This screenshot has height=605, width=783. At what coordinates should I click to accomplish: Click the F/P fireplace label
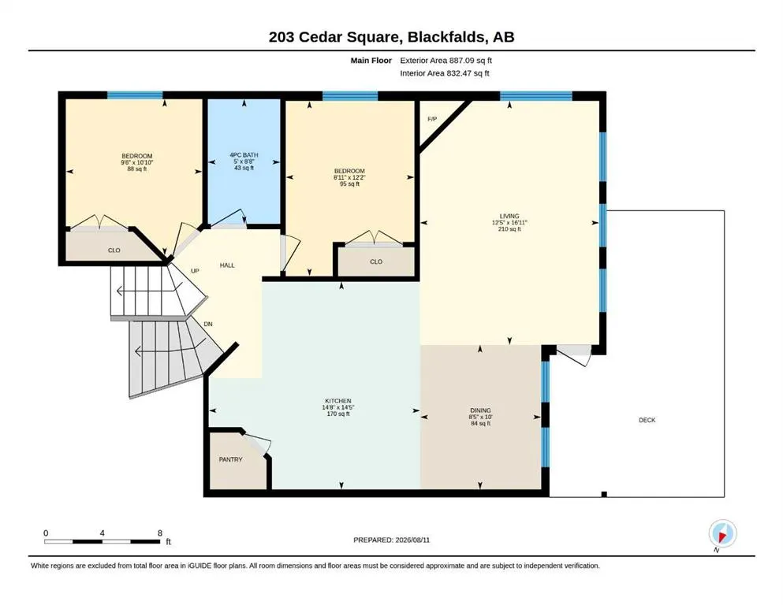pos(432,119)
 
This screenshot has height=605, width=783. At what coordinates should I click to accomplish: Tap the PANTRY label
pos(230,459)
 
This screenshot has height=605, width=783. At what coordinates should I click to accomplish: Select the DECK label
pos(647,420)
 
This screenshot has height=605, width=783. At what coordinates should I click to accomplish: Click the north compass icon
pos(722,533)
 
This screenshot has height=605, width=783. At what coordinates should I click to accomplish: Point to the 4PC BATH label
pos(244,155)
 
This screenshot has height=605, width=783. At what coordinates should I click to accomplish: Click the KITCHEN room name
pos(338,401)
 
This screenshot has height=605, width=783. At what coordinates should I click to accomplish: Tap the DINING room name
pos(480,410)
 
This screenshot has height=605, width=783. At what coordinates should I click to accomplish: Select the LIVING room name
pos(509,217)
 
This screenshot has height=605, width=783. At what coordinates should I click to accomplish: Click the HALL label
pos(227,265)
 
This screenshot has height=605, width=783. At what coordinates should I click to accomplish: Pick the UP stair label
pos(195,271)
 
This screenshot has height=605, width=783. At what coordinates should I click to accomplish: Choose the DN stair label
pos(208,325)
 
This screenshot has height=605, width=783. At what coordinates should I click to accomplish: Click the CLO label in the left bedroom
pos(114,251)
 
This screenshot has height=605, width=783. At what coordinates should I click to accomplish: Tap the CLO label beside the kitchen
pos(376,262)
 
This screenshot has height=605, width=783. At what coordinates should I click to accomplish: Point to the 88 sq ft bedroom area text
pos(137,169)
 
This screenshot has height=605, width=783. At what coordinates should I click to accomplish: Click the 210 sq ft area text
pos(509,229)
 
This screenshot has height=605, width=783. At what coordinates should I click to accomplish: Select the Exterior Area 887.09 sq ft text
pos(446,61)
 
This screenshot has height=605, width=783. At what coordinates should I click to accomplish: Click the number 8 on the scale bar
pos(160,533)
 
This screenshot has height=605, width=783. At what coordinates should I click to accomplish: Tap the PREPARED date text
pos(391,540)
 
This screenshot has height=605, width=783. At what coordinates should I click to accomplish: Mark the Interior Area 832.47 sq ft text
pos(445,73)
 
